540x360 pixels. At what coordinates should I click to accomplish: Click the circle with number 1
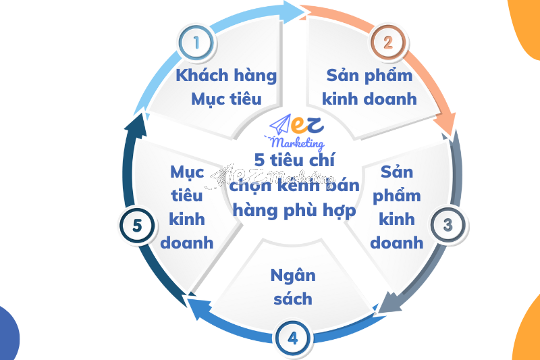196,43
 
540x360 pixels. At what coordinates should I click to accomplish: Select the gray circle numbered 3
447,224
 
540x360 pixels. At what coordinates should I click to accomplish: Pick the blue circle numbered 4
292,338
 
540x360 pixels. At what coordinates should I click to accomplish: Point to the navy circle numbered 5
137,226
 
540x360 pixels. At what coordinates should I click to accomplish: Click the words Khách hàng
226,75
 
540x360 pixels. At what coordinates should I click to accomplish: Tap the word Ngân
292,276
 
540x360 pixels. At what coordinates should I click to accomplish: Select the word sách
293,299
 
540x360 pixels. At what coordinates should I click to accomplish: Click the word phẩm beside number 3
397,196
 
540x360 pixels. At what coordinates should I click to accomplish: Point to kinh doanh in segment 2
369,99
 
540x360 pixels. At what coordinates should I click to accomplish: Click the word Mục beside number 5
186,172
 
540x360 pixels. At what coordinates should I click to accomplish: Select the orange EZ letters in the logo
309,125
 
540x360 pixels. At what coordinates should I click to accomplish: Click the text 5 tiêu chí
294,160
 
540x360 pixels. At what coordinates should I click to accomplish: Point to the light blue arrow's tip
302,9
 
